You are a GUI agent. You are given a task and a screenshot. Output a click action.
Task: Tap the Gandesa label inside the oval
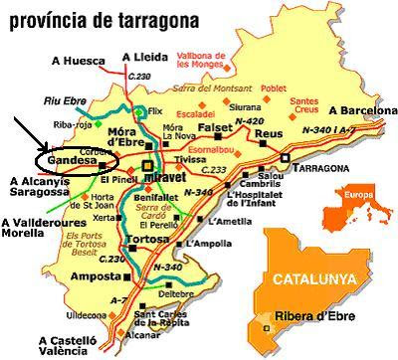[65, 159]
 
